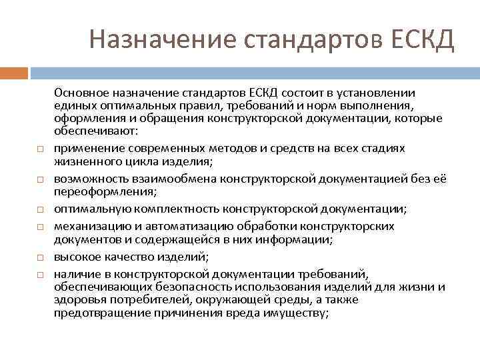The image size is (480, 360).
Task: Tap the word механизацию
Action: click(89, 225)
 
